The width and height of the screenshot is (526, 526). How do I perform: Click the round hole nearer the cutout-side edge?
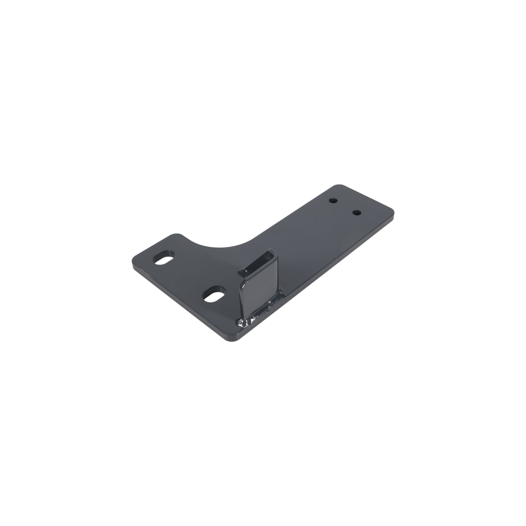[x=333, y=201]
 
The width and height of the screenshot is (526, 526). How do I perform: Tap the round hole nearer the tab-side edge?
[x=357, y=212]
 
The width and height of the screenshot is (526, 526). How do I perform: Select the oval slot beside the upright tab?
[x=215, y=294]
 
